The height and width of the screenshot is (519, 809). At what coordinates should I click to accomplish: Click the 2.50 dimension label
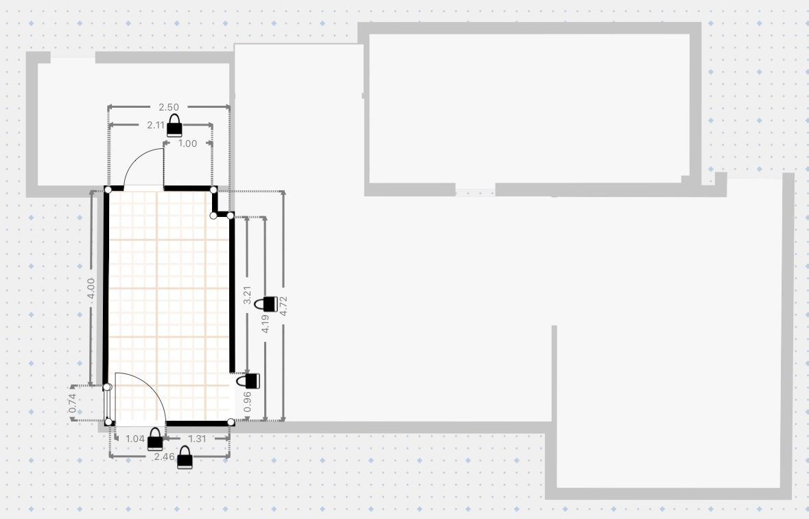click(x=169, y=107)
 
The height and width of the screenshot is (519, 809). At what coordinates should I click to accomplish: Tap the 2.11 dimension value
click(x=155, y=125)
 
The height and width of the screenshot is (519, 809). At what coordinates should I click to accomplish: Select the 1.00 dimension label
click(x=187, y=143)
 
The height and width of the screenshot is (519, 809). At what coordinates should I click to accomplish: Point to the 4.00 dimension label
click(x=91, y=288)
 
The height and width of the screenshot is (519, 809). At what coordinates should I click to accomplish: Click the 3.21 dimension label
click(x=246, y=295)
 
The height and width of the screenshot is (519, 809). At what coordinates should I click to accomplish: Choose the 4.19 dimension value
click(x=265, y=323)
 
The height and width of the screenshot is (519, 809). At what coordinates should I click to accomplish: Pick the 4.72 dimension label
click(x=283, y=305)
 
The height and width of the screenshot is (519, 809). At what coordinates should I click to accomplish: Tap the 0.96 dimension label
click(x=246, y=402)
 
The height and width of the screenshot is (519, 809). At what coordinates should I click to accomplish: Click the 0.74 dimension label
click(x=72, y=403)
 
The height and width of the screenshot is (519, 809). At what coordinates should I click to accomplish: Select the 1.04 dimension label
click(x=135, y=439)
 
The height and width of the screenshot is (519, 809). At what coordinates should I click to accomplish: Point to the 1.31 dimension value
click(x=197, y=439)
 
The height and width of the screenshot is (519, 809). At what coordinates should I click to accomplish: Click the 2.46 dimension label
click(x=164, y=457)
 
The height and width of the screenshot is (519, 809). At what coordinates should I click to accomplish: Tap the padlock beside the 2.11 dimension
click(x=174, y=126)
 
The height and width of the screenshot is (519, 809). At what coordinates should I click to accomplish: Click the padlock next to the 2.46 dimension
click(x=185, y=457)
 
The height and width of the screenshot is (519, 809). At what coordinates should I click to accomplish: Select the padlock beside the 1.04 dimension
click(x=155, y=439)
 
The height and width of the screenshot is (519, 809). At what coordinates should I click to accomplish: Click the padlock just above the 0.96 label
click(x=248, y=381)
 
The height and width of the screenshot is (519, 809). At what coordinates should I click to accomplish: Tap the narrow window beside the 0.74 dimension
click(x=107, y=404)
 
